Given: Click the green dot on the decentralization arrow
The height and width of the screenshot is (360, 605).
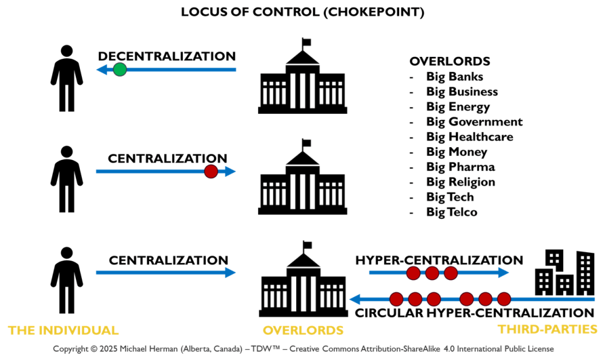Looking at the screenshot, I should point(120,70).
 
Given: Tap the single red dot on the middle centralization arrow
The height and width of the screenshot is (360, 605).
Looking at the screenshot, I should point(211,172).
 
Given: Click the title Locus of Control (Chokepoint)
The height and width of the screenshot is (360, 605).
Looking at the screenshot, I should point(302,12).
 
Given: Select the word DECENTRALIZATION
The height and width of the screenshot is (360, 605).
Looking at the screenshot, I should point(167,56).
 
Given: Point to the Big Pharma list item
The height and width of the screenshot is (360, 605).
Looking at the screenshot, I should point(460,167).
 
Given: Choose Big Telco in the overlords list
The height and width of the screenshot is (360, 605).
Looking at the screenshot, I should point(451,212).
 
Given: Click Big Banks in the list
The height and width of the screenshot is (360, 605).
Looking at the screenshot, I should point(454,76).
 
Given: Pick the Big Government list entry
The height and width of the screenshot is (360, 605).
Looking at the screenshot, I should point(474,122).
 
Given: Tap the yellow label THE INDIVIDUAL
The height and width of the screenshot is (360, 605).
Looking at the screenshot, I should point(63,330).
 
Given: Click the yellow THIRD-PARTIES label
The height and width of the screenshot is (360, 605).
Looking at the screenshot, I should point(547,329).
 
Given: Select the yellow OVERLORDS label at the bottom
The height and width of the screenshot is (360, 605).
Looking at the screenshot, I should point(303,330).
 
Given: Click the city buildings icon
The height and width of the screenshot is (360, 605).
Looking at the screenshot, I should point(564,273).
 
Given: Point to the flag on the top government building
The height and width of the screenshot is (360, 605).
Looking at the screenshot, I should point(307,42).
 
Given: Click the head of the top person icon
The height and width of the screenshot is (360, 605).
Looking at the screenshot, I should point(67,52).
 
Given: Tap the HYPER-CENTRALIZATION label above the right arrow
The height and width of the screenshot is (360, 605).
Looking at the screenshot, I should point(439,260).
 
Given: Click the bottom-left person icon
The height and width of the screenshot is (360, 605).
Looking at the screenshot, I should point(67,279).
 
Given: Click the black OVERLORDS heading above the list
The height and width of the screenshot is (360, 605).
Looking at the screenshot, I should point(449,62).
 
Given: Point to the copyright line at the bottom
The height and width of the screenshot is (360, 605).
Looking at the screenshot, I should point(303,349).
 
